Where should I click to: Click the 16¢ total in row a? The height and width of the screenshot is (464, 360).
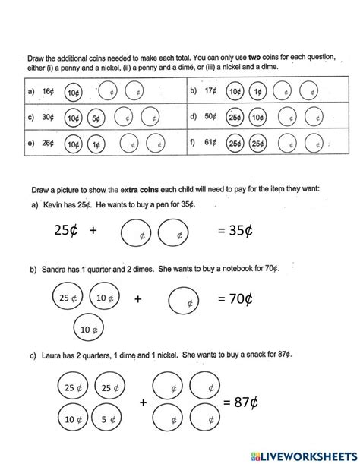(48, 92)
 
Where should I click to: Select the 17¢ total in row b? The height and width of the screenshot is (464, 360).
(210, 92)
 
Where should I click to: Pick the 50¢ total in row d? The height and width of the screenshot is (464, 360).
(210, 118)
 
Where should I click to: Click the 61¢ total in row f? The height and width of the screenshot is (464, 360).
(210, 143)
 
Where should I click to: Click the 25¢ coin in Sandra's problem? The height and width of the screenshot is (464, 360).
(67, 298)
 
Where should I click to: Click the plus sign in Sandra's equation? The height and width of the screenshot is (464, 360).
(138, 299)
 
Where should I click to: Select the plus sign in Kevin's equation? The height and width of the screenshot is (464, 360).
(93, 230)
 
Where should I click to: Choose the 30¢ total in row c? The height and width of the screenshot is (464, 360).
(48, 118)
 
